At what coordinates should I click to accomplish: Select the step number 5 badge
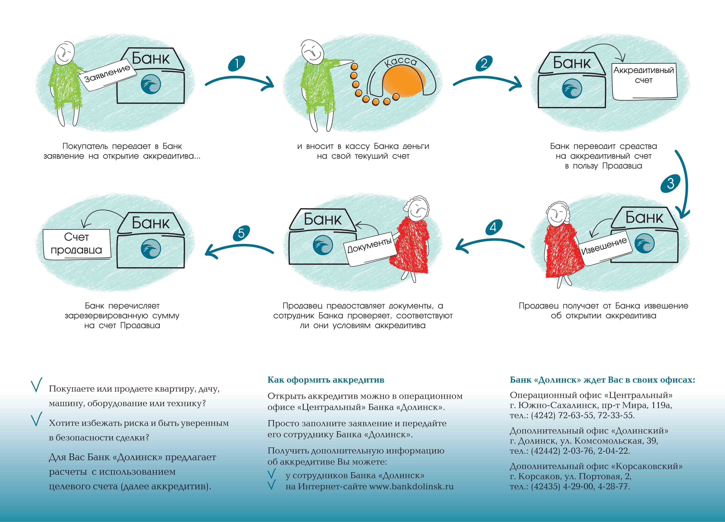[241, 233]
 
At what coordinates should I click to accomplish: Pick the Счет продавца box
[77, 244]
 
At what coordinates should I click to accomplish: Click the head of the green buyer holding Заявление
[64, 53]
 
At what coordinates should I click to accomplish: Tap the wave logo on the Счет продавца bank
[151, 248]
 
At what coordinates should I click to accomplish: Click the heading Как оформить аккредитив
[326, 380]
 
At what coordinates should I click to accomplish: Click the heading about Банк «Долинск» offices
[602, 380]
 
